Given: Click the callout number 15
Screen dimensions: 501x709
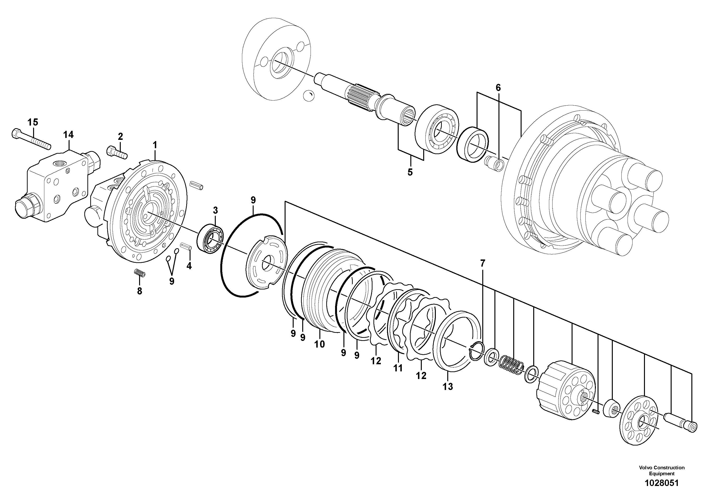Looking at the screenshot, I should tap(33, 122).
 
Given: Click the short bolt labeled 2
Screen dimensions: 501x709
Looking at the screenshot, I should tap(117, 152).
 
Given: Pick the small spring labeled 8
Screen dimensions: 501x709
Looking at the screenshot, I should tap(140, 273).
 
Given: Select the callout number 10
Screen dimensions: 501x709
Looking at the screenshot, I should tap(320, 344).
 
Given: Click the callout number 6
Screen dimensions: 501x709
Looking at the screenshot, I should tap(498, 88).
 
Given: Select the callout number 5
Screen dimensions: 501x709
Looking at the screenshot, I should tap(410, 172).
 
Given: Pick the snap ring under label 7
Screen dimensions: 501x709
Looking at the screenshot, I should tap(476, 351).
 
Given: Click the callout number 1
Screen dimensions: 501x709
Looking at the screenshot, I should tap(155, 145).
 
